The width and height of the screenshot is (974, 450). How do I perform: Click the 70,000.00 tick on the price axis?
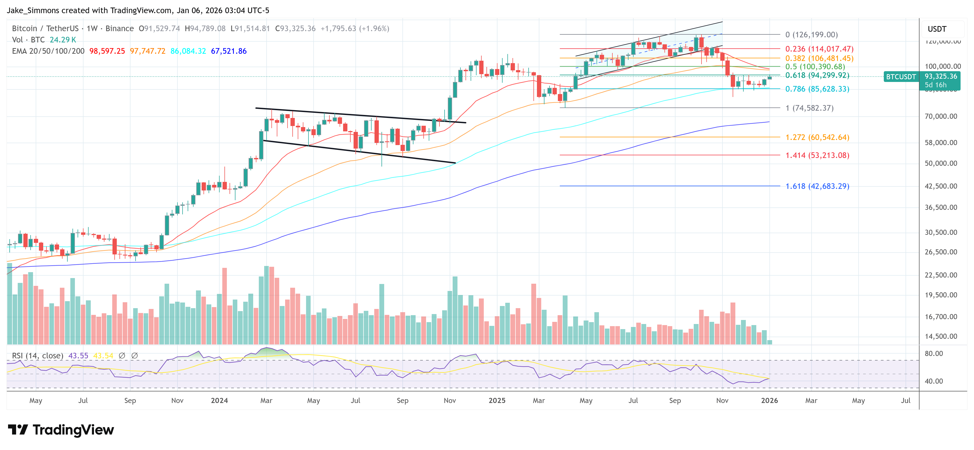point(941,116)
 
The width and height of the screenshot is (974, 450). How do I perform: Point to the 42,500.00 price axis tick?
point(941,186)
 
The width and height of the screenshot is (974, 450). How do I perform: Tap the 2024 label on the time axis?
point(219,400)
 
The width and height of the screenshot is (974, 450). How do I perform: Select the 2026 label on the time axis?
point(769,400)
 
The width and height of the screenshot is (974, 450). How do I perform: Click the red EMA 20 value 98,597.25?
point(107,51)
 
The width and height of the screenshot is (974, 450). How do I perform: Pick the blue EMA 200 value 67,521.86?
point(228,51)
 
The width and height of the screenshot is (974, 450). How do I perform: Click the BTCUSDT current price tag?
point(901,77)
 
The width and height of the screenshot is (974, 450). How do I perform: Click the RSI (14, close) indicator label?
point(37,356)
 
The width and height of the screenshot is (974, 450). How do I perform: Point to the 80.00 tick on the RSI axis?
point(933,354)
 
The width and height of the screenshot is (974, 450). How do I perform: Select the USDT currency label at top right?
point(937,29)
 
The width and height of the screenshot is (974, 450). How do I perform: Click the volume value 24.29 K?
point(63,40)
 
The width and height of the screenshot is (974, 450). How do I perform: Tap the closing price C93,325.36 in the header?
point(295,28)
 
